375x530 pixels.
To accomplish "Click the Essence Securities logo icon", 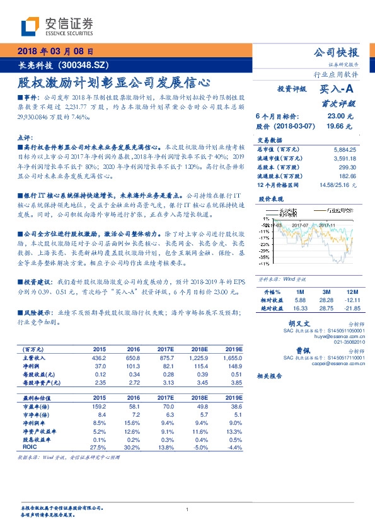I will (x=30, y=26).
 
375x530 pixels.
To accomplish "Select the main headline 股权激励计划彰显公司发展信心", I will (x=113, y=82).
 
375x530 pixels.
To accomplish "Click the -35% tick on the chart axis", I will (x=263, y=257).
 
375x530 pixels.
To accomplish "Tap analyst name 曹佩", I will (x=304, y=351).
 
